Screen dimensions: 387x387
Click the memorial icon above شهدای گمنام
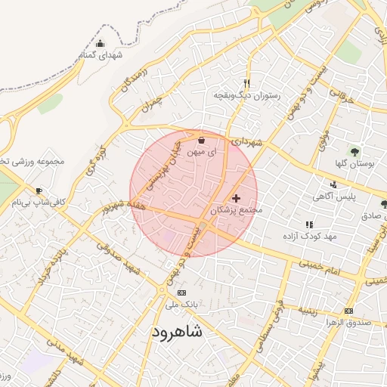[101, 43]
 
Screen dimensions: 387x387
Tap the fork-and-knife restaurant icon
[246, 83]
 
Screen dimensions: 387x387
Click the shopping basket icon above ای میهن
[201, 140]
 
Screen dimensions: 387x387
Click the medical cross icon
[237, 197]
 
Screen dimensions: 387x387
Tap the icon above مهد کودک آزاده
[308, 224]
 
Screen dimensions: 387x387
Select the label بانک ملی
[181, 305]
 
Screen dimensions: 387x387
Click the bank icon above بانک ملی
[181, 293]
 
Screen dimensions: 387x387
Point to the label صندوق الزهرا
[347, 323]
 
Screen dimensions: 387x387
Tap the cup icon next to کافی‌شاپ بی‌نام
[39, 190]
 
